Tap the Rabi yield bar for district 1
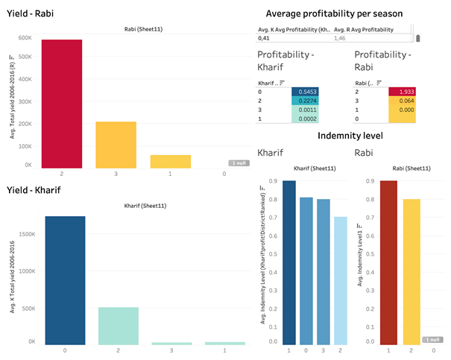tap(170, 160)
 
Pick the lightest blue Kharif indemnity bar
tap(339, 280)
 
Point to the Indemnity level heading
tap(350, 136)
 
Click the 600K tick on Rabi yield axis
tap(24, 38)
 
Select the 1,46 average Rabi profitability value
tap(340, 38)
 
